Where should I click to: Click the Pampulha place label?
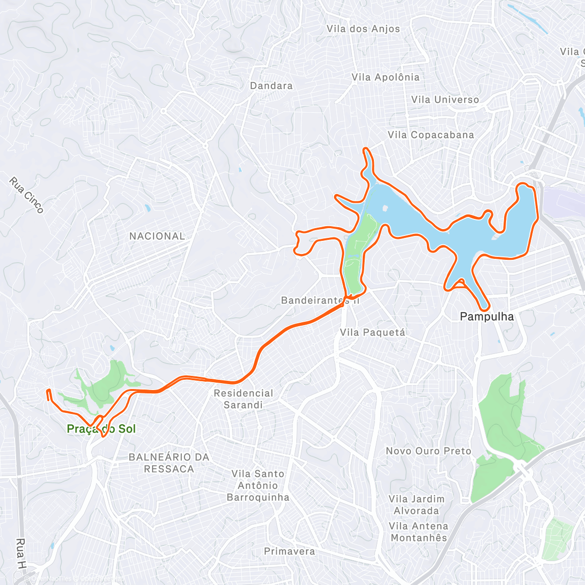point(487,317)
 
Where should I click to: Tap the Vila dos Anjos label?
point(363,29)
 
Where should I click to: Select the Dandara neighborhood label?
point(271,86)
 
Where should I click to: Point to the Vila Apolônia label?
point(386,77)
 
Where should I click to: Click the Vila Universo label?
point(445,99)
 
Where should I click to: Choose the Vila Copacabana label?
point(431,135)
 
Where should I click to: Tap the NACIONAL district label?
point(157,236)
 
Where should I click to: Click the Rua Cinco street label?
point(26,195)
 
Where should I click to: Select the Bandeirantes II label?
point(320,300)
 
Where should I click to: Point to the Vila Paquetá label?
point(372,332)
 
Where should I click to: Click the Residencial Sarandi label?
point(243,399)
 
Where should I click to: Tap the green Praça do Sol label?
point(101,429)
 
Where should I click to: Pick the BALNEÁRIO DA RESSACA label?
point(169,463)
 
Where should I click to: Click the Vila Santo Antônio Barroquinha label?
point(258,486)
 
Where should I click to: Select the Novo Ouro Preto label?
point(429,451)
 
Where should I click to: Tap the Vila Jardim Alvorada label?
point(417,505)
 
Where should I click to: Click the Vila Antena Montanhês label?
point(419,532)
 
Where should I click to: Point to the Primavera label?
point(290,551)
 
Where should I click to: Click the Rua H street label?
point(21,554)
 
